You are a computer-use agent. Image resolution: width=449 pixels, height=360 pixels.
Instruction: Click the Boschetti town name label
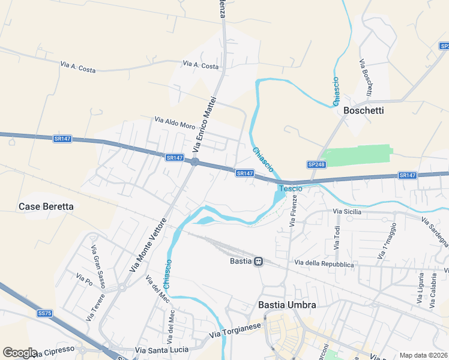[363, 111]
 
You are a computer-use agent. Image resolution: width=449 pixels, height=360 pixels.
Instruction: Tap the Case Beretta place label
[46, 206]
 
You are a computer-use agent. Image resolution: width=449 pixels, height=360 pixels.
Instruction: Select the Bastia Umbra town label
[287, 305]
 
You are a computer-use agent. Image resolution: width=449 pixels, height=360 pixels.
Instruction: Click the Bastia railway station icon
[258, 262]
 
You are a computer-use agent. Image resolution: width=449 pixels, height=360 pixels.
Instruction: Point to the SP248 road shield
[316, 164]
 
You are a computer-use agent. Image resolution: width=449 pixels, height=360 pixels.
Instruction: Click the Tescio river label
[290, 188]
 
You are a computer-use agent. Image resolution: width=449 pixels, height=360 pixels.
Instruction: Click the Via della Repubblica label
[324, 263]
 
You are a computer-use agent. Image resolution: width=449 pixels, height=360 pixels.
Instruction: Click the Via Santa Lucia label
[161, 350]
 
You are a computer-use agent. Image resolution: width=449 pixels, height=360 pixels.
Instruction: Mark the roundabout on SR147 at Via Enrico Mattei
[194, 161]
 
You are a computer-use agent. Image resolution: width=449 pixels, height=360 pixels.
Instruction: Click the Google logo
[20, 353]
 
